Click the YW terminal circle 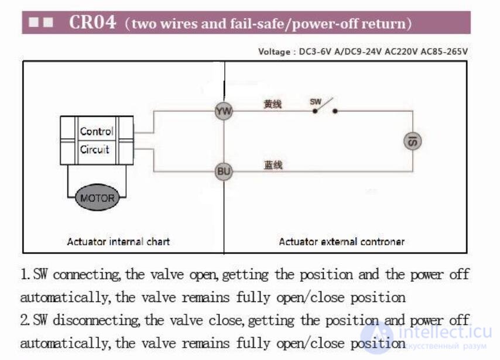[x=224, y=111]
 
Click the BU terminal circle [x=224, y=172]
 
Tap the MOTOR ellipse [x=97, y=197]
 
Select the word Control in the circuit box [x=96, y=131]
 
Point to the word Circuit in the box [x=94, y=149]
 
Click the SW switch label [x=316, y=102]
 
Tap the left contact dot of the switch [x=315, y=111]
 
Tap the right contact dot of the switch [x=335, y=111]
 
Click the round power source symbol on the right [x=413, y=141]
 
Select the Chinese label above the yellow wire [x=272, y=104]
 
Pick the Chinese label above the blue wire [x=273, y=165]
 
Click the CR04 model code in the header [x=93, y=22]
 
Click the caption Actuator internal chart [x=118, y=241]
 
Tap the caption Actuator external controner [x=341, y=241]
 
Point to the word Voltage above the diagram [x=274, y=52]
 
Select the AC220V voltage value [x=401, y=52]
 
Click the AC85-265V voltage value [x=444, y=52]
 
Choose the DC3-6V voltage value [x=315, y=52]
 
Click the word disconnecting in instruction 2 [x=96, y=320]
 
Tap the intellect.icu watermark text [x=445, y=332]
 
